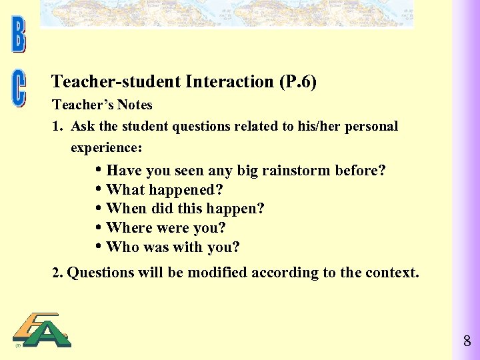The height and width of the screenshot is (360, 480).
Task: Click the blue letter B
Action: pos(18,36)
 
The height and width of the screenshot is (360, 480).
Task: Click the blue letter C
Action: pos(18,89)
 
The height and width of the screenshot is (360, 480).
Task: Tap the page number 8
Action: pos(467,342)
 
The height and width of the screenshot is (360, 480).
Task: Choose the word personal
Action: pos(371,127)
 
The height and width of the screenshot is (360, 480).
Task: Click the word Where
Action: pos(129,228)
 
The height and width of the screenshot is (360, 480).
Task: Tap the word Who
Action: pos(122,247)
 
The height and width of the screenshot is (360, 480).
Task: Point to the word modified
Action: pos(217,273)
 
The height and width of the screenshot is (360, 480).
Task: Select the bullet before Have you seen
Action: pos(99,169)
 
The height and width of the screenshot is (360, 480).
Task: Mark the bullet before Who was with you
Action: pos(99,247)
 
